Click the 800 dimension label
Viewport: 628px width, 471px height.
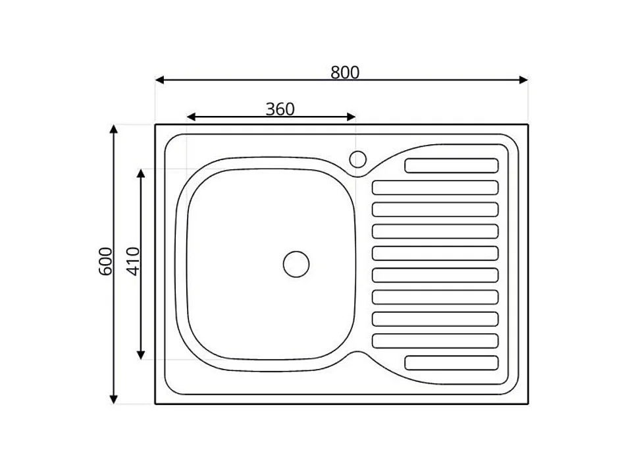(x=345, y=72)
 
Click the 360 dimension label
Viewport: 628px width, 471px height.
(x=280, y=109)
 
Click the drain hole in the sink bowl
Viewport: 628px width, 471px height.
(x=296, y=263)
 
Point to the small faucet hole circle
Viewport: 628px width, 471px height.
(x=357, y=159)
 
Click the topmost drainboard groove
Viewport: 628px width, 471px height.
(x=452, y=165)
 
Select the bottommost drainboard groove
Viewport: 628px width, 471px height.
(x=452, y=362)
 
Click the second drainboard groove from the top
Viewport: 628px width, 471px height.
(x=435, y=188)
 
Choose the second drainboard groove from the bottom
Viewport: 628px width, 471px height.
(x=435, y=341)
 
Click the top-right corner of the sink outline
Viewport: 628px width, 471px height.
(x=528, y=125)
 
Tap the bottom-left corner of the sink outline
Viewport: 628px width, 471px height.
(x=155, y=403)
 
